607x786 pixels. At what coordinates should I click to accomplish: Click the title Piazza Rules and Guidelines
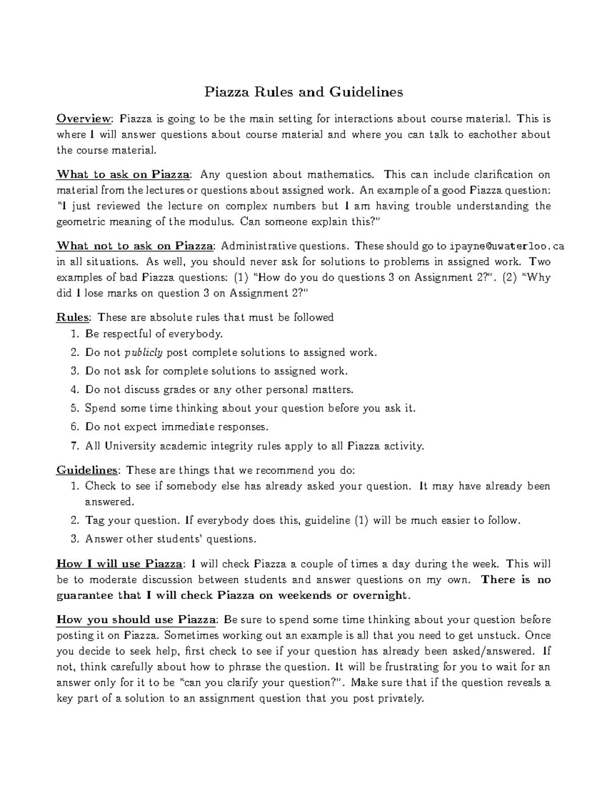pyautogui.click(x=303, y=92)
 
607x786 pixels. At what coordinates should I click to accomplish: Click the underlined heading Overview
pyautogui.click(x=83, y=119)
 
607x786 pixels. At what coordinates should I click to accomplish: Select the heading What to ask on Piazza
pyautogui.click(x=123, y=175)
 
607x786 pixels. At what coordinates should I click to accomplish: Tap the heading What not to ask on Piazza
pyautogui.click(x=135, y=246)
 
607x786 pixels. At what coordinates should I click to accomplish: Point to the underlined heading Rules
pyautogui.click(x=73, y=317)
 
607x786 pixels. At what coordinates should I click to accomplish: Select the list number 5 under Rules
pyautogui.click(x=74, y=408)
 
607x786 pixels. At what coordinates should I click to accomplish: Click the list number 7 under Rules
pyautogui.click(x=74, y=446)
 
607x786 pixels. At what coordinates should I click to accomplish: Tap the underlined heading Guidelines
pyautogui.click(x=87, y=470)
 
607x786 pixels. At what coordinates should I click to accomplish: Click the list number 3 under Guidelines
pyautogui.click(x=74, y=539)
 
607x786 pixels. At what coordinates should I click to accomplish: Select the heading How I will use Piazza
pyautogui.click(x=119, y=564)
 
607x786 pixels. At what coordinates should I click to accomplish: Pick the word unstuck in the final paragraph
pyautogui.click(x=502, y=635)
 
